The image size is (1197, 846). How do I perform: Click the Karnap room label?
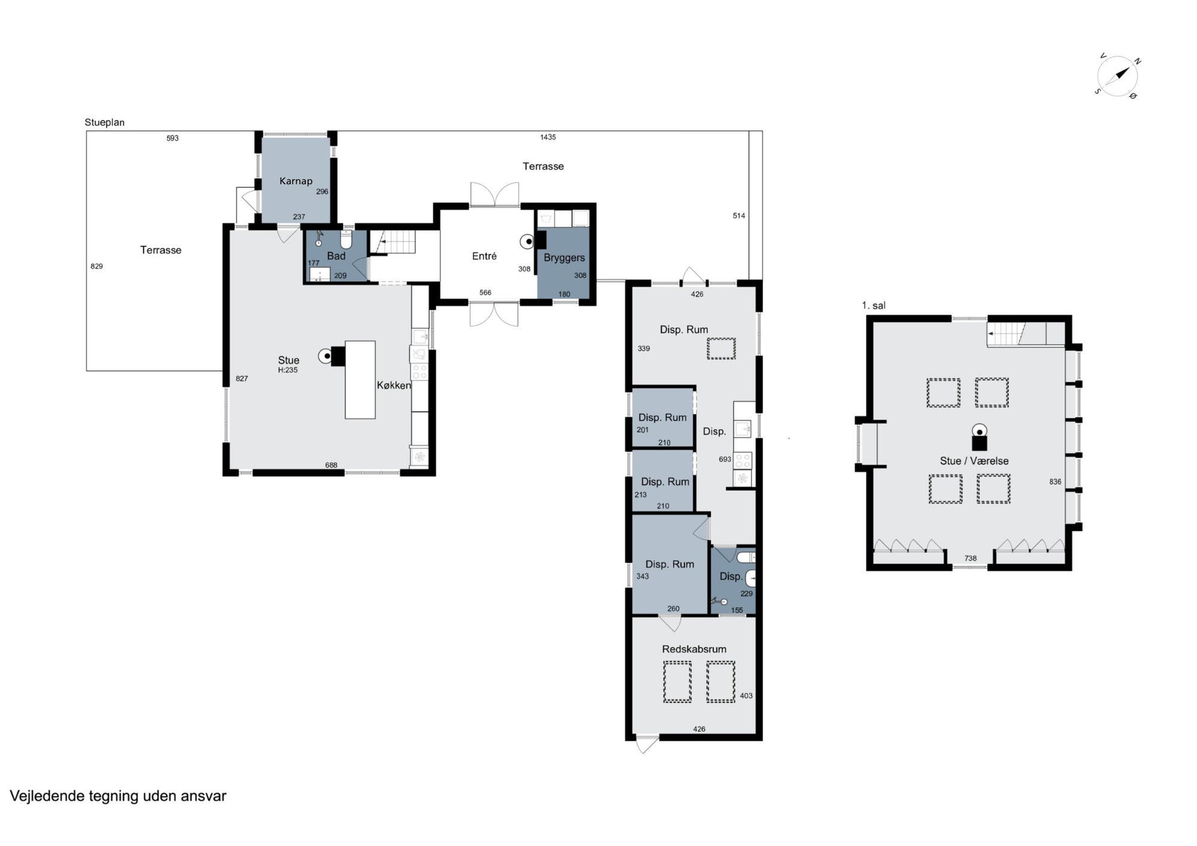(296, 181)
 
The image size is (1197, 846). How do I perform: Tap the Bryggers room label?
(564, 257)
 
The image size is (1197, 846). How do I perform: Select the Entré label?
(484, 256)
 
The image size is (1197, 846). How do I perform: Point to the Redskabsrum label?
(694, 649)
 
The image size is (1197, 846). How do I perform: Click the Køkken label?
(394, 385)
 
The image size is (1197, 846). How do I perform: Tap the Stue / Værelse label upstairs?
(974, 461)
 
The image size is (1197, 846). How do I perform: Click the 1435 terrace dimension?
(548, 137)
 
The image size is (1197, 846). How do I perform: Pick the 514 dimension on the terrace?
(739, 215)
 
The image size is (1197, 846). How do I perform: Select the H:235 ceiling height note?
(288, 370)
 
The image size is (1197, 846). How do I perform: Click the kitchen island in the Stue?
(360, 379)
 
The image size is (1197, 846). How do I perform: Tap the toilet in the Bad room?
(345, 240)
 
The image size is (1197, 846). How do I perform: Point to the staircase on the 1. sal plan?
(1026, 333)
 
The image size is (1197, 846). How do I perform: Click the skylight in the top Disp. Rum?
(721, 348)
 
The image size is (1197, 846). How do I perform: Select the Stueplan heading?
(105, 123)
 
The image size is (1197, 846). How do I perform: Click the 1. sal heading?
(873, 305)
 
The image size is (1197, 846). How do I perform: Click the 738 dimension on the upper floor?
(970, 558)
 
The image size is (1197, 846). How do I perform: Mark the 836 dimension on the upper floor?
(1055, 482)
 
